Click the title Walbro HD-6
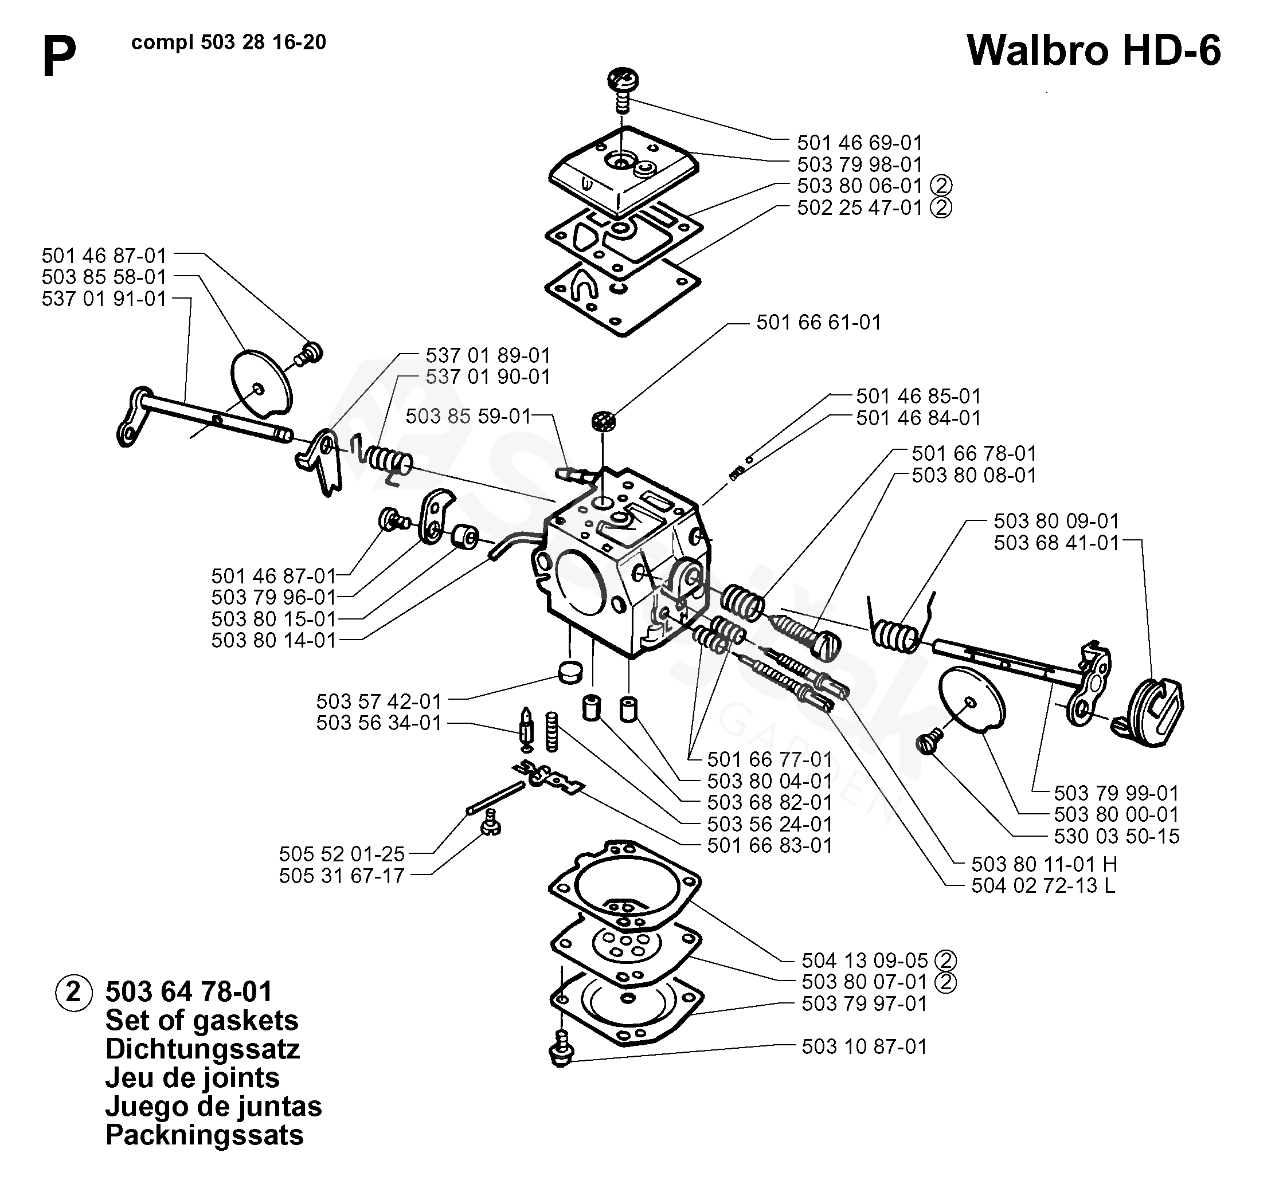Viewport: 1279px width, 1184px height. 1094,50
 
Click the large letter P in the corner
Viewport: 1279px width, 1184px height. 59,56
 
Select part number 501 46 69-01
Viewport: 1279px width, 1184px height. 859,142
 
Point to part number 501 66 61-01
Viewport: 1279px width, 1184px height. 818,322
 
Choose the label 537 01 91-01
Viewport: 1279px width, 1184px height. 104,299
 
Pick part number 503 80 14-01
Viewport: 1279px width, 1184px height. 273,640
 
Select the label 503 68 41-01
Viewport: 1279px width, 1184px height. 1056,543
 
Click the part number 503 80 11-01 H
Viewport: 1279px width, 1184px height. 1044,864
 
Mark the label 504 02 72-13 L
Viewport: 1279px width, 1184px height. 1043,885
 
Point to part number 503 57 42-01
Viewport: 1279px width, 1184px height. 379,701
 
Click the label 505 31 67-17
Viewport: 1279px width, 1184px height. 342,875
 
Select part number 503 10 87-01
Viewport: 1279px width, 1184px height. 865,1046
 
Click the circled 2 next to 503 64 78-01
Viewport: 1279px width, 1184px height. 74,992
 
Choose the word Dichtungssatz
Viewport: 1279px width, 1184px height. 202,1049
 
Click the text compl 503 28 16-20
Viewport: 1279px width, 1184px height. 229,42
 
